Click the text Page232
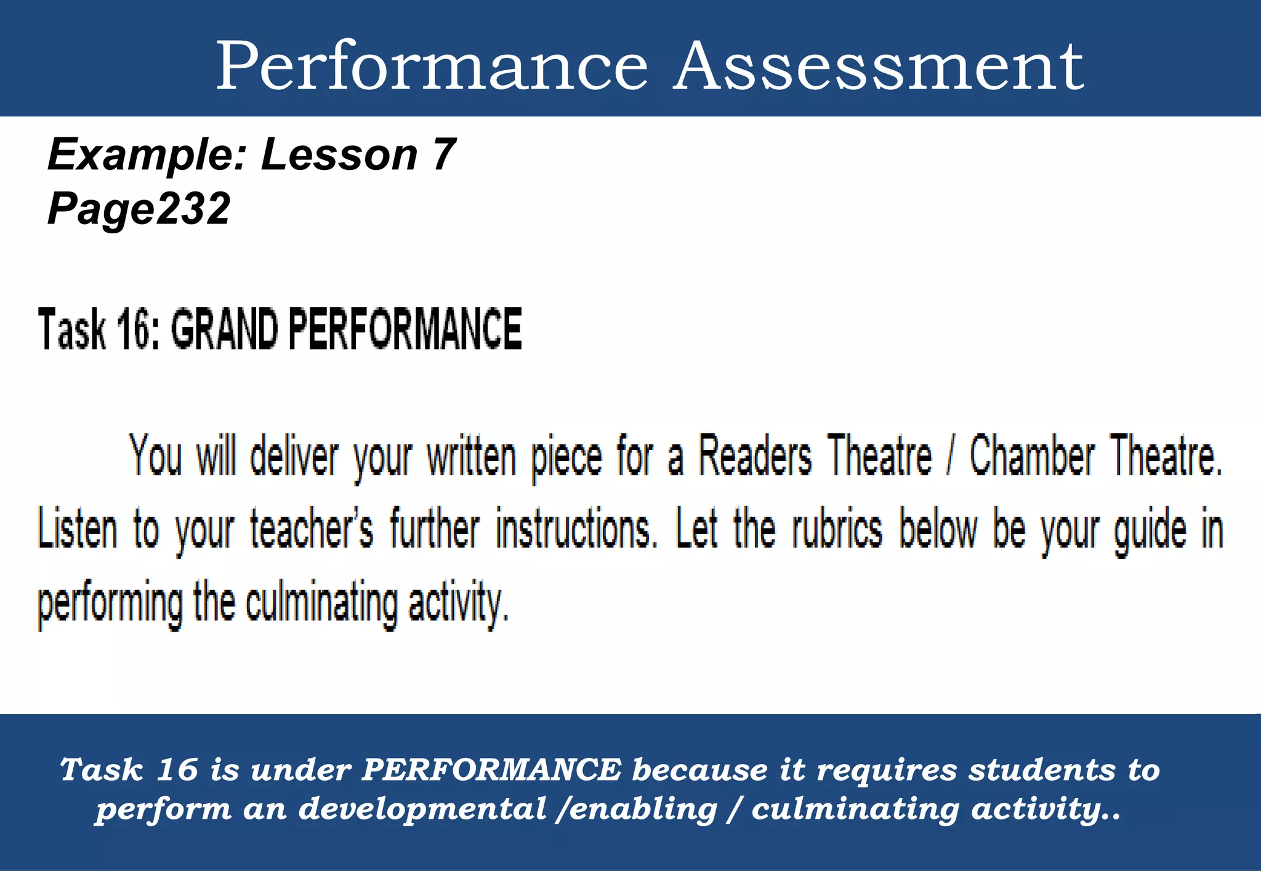pos(139,208)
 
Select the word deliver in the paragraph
pos(294,457)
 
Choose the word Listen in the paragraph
pos(78,529)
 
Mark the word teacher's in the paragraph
pos(311,529)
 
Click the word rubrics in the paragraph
pos(837,529)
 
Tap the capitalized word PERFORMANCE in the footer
pos(491,770)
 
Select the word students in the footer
pos(1041,770)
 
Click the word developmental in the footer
pos(422,809)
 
